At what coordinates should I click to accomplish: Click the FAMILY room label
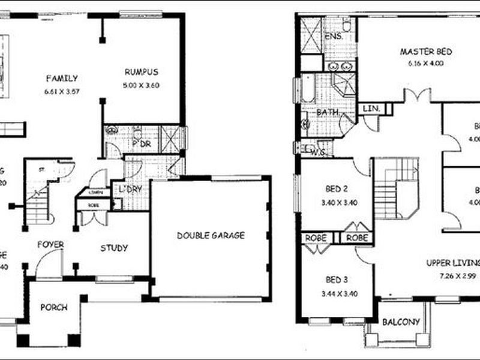61,78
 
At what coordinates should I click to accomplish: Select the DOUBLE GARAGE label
211,236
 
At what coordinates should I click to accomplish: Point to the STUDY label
114,248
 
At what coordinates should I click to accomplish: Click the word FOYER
50,245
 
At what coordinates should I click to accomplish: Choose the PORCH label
53,308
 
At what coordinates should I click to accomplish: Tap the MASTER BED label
426,52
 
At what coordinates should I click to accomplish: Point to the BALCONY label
401,322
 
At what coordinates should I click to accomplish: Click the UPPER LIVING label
453,263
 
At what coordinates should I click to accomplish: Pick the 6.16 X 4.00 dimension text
425,63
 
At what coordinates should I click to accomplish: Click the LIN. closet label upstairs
368,109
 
